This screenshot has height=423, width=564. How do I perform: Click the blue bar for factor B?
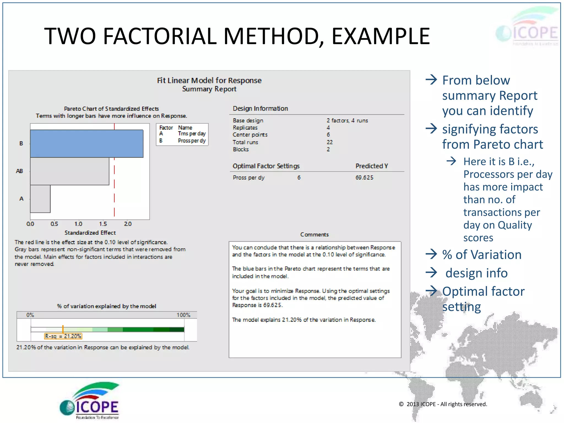click(86, 143)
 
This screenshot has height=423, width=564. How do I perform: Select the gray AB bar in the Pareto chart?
click(69, 171)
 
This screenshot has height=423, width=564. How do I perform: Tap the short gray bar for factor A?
click(40, 199)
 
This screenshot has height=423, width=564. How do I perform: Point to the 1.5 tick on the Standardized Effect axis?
click(103, 224)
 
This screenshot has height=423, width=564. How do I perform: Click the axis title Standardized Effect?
click(90, 233)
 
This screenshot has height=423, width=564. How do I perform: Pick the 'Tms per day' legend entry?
click(192, 134)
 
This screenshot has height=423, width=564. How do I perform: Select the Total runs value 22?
click(330, 142)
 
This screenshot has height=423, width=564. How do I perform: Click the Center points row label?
click(250, 135)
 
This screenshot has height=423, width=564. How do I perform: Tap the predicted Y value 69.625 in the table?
click(364, 178)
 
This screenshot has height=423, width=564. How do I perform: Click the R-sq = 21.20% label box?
click(63, 336)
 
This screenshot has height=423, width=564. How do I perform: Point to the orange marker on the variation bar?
click(63, 329)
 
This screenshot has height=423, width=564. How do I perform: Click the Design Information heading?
click(260, 109)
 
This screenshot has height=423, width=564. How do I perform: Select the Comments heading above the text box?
click(314, 235)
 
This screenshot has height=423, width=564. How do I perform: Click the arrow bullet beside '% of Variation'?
click(431, 254)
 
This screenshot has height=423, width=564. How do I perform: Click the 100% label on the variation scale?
click(183, 315)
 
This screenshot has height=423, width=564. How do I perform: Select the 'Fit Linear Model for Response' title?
click(209, 80)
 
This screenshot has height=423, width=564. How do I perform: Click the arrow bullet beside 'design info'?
click(431, 273)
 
